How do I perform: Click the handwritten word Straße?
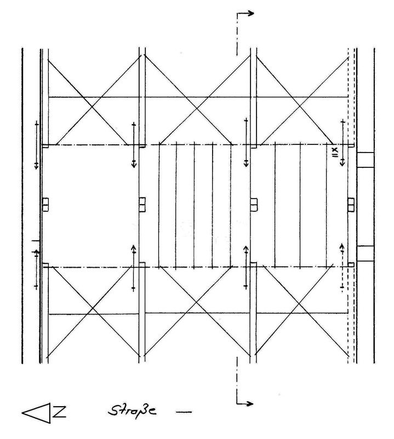(132, 410)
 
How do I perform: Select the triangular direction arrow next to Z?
(36, 413)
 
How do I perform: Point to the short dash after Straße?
(184, 412)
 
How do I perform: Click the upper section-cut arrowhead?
(250, 13)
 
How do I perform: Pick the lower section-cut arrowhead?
(249, 403)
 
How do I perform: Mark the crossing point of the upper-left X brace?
(92, 106)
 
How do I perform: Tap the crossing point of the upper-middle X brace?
(197, 108)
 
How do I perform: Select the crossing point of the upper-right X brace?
(299, 106)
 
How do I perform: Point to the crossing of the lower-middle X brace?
(196, 303)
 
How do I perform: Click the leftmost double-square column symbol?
(45, 204)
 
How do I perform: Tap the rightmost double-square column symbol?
(351, 204)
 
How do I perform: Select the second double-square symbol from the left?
(142, 205)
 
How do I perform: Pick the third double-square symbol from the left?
(254, 205)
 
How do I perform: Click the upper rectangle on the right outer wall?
(365, 160)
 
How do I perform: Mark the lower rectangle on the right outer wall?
(365, 254)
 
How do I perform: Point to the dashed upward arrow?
(342, 268)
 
